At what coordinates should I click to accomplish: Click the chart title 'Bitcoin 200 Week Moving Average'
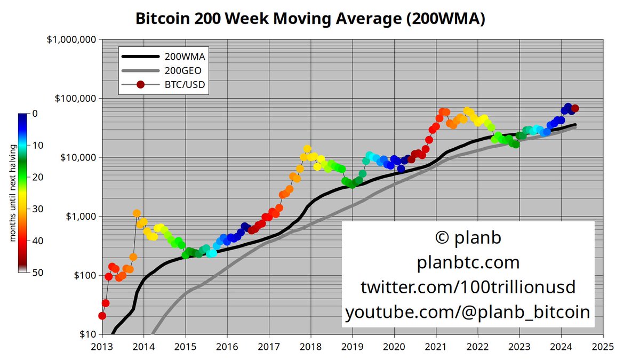point(310,19)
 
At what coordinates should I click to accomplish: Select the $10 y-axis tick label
point(85,334)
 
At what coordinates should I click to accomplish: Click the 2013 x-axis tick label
point(102,346)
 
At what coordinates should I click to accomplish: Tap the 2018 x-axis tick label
point(311,346)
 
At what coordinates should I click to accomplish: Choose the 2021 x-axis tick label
point(436,346)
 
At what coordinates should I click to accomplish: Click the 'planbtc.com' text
point(467,262)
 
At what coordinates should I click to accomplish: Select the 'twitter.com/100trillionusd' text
point(467,287)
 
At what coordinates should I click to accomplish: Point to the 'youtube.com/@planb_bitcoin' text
point(467,312)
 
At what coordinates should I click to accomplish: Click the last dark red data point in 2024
point(575,109)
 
